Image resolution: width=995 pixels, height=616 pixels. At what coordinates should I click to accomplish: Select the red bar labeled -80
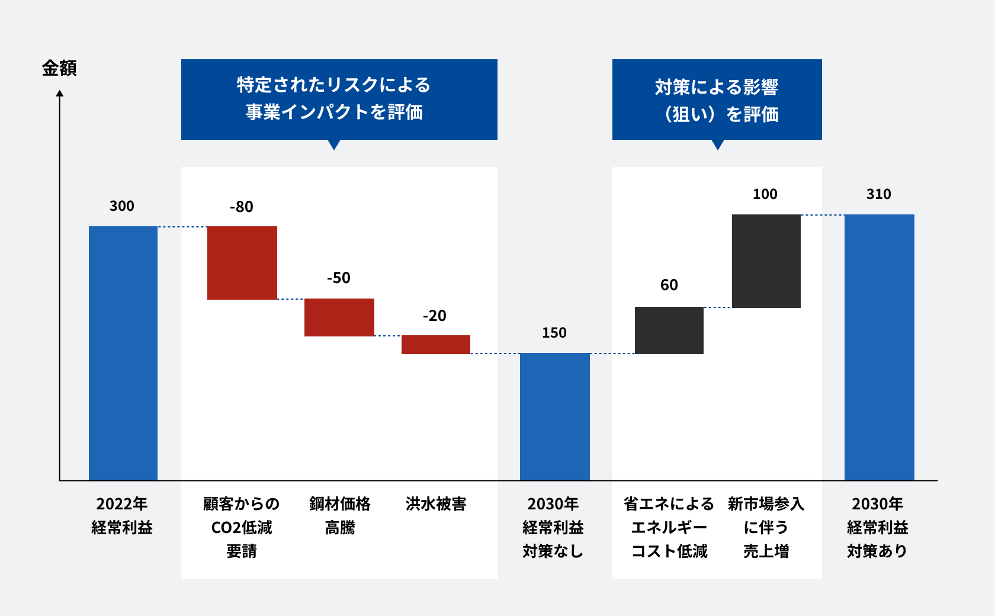point(242,263)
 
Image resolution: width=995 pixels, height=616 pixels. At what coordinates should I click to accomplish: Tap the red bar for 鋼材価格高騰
point(339,317)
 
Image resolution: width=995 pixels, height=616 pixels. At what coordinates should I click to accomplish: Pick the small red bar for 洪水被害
point(436,345)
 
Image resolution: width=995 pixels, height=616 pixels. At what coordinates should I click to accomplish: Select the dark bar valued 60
point(669,331)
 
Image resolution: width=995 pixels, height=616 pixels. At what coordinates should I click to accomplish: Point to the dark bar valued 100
point(766,261)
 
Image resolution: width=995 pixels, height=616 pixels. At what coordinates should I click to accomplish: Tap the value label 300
point(122,206)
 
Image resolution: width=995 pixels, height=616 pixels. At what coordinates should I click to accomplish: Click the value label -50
point(339,278)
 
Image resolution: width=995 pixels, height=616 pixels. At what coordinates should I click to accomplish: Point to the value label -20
point(435,316)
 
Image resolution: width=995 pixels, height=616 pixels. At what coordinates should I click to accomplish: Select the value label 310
point(879,194)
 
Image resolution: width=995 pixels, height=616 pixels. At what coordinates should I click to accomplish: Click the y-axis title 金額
point(59,68)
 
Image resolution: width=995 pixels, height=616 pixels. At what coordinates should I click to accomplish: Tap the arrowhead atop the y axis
point(60,94)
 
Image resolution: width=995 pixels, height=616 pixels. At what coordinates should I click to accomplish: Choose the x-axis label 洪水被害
point(436,504)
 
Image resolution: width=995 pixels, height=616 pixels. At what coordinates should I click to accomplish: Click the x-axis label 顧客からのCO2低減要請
point(242,527)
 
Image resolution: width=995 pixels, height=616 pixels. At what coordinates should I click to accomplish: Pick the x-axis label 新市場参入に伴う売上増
point(766,527)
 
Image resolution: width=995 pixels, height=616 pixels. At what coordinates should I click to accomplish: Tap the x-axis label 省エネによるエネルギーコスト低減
point(669,527)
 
